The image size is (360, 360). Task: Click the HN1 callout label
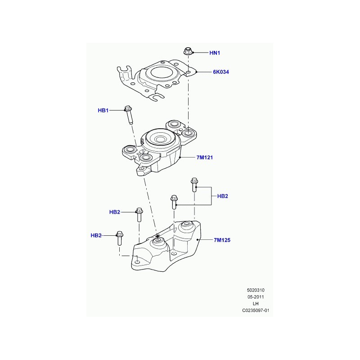pyautogui.click(x=215, y=53)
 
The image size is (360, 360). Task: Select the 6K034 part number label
pyautogui.click(x=221, y=72)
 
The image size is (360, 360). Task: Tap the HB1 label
pyautogui.click(x=103, y=110)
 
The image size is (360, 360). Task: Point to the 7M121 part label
pyautogui.click(x=205, y=157)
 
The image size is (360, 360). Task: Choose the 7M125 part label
pyautogui.click(x=222, y=240)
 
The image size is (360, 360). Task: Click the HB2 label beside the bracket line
pyautogui.click(x=222, y=196)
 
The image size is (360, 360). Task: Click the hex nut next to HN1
pyautogui.click(x=188, y=51)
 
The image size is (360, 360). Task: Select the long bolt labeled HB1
pyautogui.click(x=129, y=115)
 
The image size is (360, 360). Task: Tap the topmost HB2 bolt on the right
pyautogui.click(x=194, y=185)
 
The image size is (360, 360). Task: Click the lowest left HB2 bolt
pyautogui.click(x=119, y=238)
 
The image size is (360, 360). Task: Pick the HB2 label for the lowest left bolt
pyautogui.click(x=96, y=235)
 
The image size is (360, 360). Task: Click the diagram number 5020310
pyautogui.click(x=256, y=290)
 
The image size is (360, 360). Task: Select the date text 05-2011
pyautogui.click(x=256, y=297)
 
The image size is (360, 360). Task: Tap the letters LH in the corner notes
pyautogui.click(x=256, y=303)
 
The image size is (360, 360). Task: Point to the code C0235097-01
pyautogui.click(x=256, y=310)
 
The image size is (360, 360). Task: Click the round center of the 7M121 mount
pyautogui.click(x=160, y=139)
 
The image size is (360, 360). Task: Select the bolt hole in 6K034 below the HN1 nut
pyautogui.click(x=188, y=73)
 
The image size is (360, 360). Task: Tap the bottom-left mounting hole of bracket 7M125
pyautogui.click(x=138, y=262)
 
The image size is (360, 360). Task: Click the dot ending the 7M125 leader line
pyautogui.click(x=198, y=240)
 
